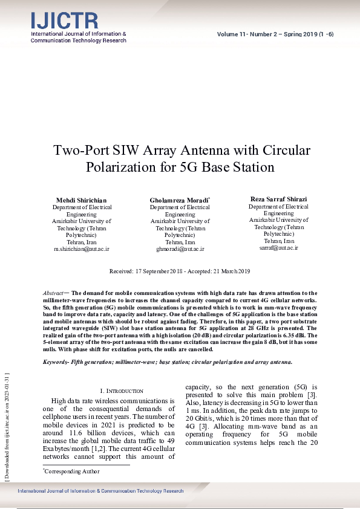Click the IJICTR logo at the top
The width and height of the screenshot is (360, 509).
click(x=64, y=21)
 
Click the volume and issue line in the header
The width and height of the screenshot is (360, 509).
click(x=275, y=34)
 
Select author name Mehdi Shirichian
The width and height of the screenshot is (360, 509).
click(x=82, y=200)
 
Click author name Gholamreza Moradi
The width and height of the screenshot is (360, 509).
click(x=179, y=200)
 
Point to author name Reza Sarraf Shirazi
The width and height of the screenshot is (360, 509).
click(x=279, y=199)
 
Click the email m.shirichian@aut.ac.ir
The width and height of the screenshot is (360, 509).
click(x=82, y=248)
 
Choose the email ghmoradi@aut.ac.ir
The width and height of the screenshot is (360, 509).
click(x=180, y=248)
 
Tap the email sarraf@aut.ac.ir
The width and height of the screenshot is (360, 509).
click(x=279, y=248)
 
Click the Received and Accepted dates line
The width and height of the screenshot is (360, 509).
click(x=180, y=271)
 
